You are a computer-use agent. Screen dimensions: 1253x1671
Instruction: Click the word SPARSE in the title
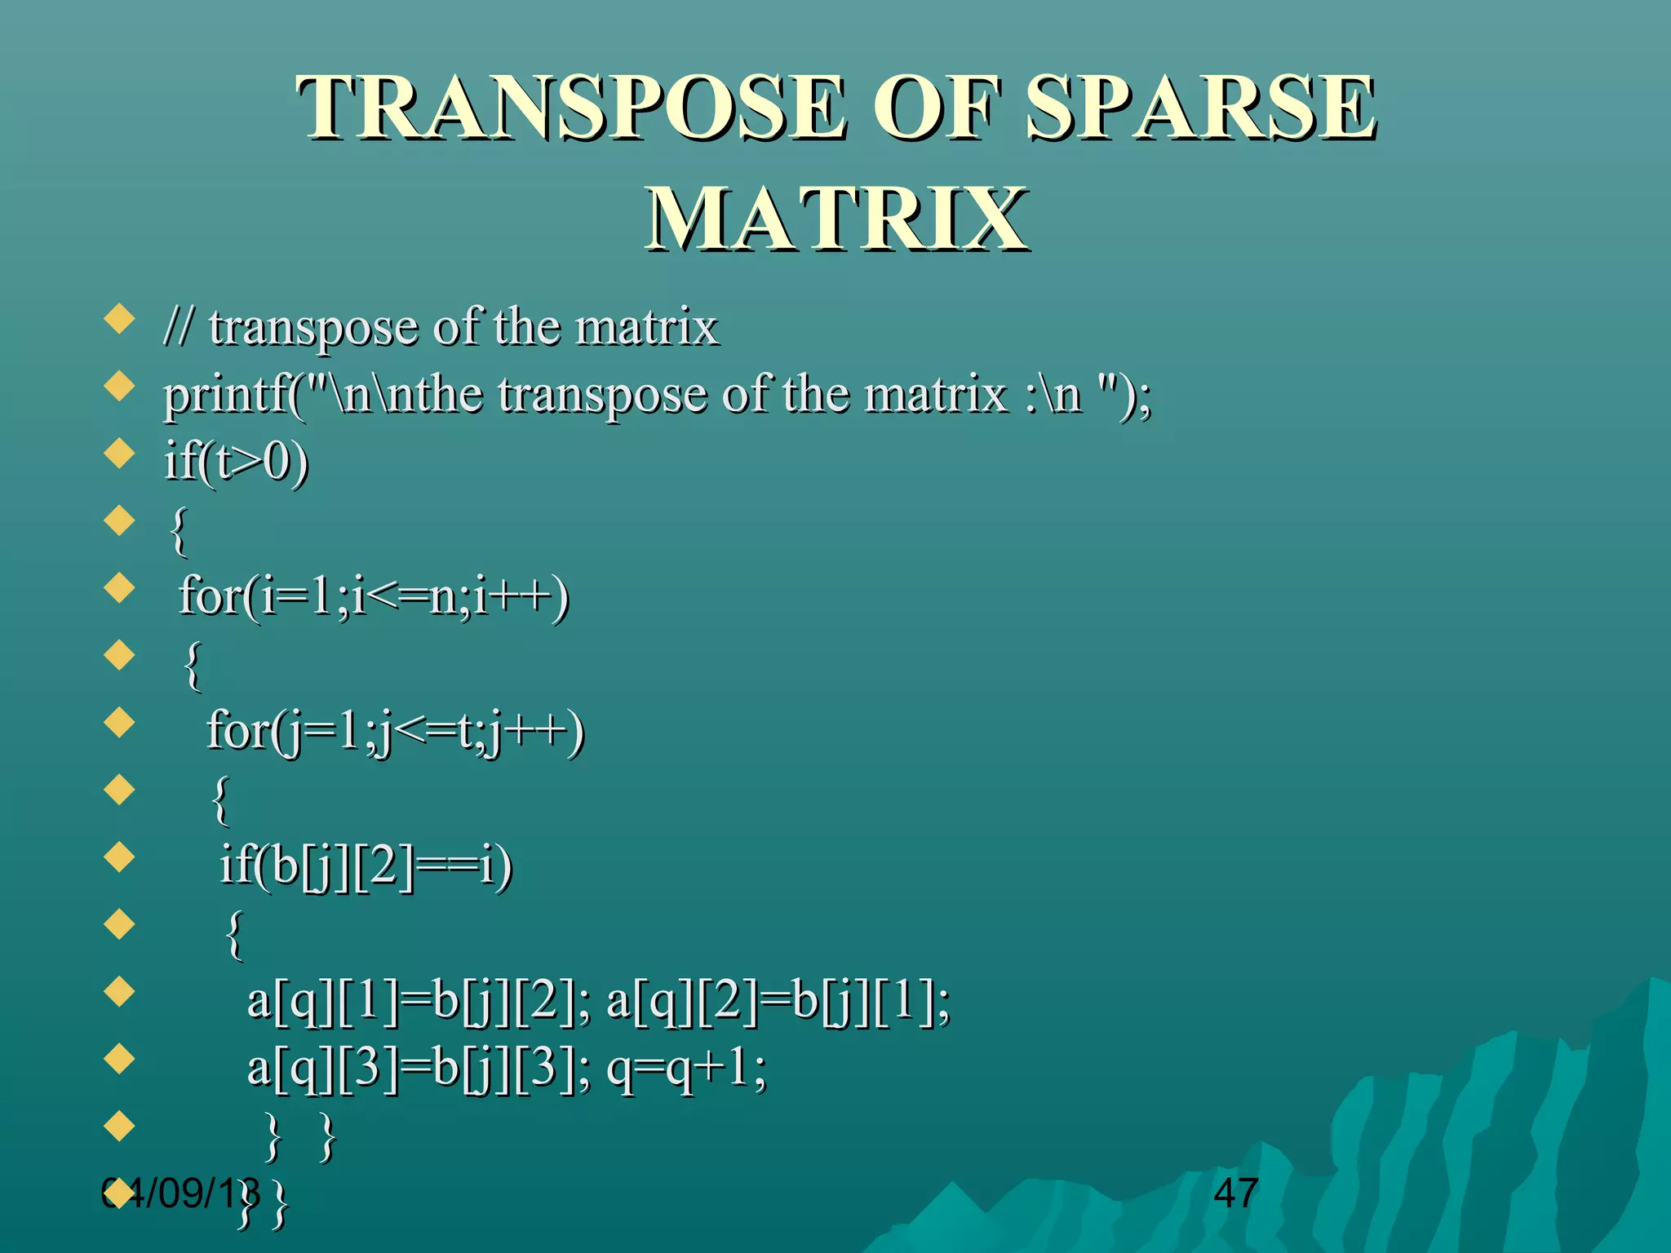click(x=1200, y=108)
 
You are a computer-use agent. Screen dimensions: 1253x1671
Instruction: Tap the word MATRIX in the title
click(x=836, y=219)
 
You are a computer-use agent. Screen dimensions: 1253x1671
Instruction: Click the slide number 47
click(x=1235, y=1193)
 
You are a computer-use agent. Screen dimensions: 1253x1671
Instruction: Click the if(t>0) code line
click(x=237, y=462)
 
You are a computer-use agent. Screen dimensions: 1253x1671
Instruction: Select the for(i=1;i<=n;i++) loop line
click(x=374, y=596)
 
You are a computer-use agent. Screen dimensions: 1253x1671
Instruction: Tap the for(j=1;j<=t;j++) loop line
click(x=396, y=731)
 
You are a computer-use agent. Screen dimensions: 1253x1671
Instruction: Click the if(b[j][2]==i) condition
click(x=366, y=866)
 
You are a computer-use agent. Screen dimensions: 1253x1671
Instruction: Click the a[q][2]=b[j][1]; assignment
click(x=778, y=1001)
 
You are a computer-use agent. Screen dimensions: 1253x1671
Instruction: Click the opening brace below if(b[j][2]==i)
click(x=234, y=935)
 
